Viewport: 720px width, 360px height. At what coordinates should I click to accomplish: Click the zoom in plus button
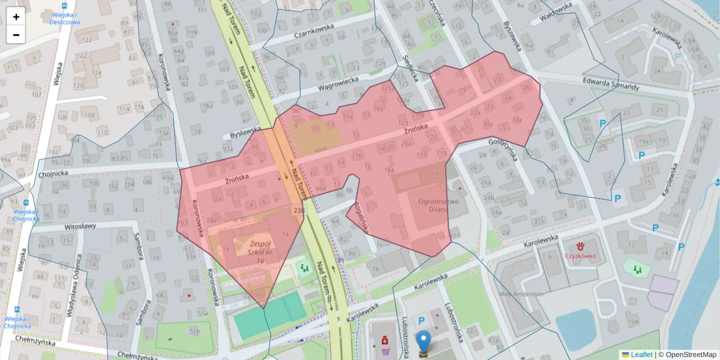coord(16,17)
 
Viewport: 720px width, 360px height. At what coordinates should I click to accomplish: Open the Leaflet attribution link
coord(641,354)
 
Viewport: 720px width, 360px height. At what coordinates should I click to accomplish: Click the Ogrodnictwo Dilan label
coord(439,206)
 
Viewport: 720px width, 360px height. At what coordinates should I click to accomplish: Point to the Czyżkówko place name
coord(580,256)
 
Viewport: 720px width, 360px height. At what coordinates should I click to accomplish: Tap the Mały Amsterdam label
coord(521,294)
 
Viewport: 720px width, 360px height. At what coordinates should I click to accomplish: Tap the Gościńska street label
coord(503,149)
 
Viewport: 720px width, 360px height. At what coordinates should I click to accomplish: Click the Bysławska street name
coord(247,132)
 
